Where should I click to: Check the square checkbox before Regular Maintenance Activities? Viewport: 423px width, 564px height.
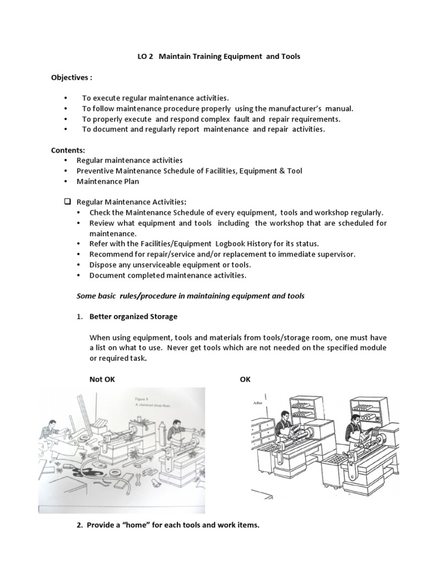click(68, 202)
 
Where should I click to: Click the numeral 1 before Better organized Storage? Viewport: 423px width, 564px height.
click(79, 317)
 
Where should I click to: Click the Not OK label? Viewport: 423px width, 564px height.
click(102, 379)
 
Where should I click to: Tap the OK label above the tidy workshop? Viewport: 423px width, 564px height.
click(245, 379)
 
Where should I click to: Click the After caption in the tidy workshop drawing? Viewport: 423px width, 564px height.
click(258, 404)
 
